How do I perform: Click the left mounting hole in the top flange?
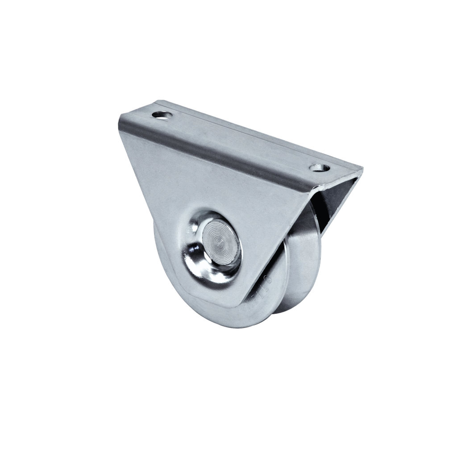[x=162, y=115]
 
